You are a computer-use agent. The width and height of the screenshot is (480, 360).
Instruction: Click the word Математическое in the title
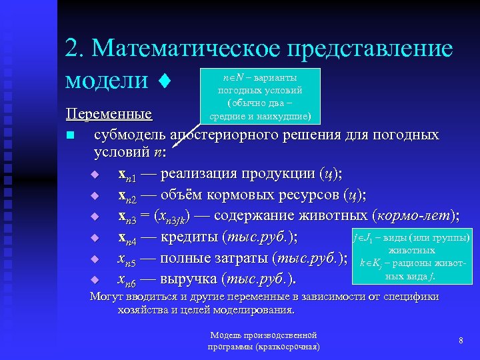pos(183,49)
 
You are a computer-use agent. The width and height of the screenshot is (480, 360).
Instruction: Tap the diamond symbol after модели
pos(163,81)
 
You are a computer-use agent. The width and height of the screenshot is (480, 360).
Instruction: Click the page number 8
pos(461,341)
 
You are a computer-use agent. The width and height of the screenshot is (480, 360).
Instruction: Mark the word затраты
pos(234,257)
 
